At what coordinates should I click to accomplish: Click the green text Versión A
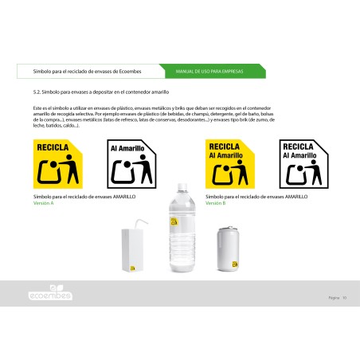(44, 202)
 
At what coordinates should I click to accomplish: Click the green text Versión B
(216, 202)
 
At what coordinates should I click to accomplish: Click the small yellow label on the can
(234, 260)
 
